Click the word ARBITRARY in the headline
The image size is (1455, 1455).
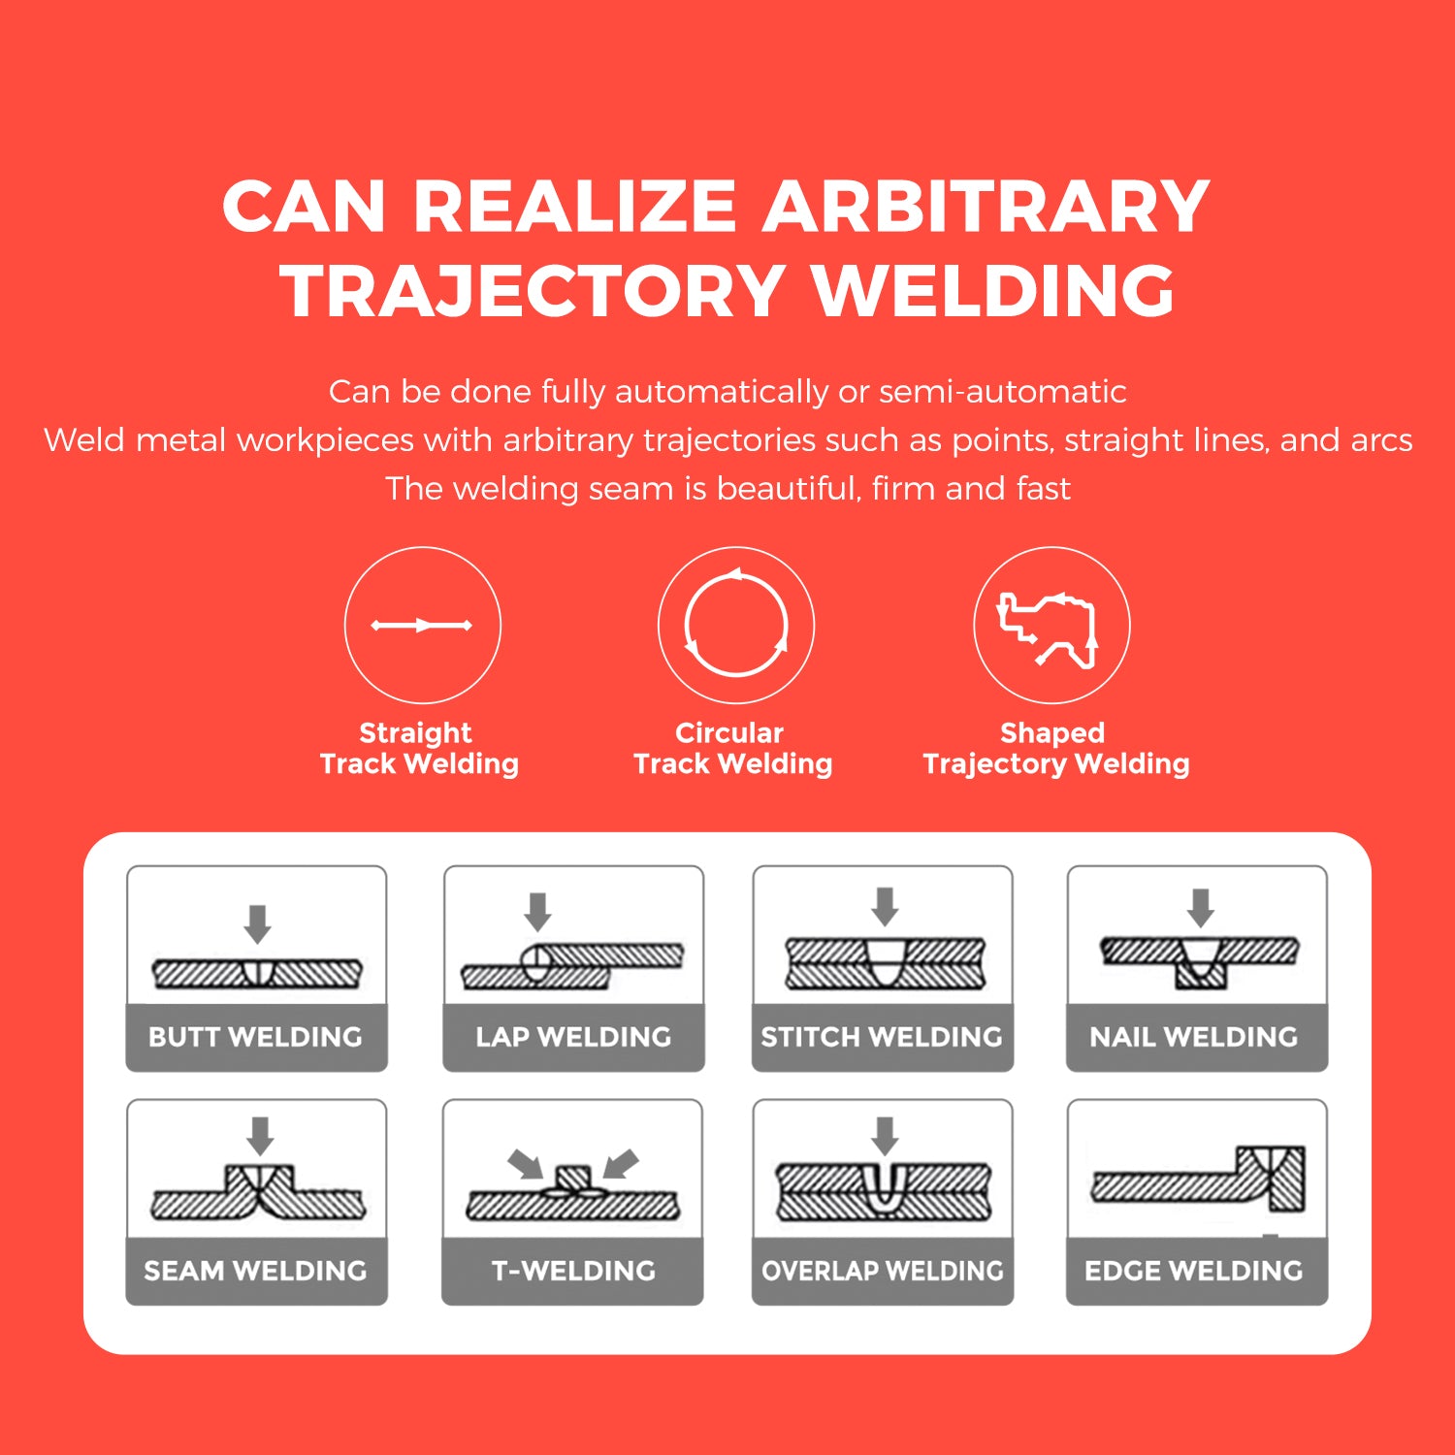point(985,207)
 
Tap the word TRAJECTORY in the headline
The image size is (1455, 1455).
point(533,291)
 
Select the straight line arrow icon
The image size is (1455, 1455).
point(422,626)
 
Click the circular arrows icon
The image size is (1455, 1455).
point(736,625)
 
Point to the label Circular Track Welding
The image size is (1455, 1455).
point(732,748)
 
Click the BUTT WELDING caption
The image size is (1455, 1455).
point(255,1037)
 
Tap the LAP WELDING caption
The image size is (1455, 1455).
point(573,1037)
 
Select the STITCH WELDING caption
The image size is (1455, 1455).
point(882,1037)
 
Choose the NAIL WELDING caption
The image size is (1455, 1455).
point(1194,1037)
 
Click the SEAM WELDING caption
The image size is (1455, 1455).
point(255,1271)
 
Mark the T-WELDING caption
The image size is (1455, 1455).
point(573,1271)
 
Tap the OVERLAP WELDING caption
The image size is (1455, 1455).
point(883,1271)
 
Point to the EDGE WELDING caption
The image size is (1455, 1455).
point(1194,1271)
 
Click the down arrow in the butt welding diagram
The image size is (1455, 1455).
point(257,923)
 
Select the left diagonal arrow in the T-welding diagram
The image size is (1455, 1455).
point(526,1163)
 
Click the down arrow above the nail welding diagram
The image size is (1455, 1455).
point(1201,907)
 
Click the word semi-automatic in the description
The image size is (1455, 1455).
point(1002,392)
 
